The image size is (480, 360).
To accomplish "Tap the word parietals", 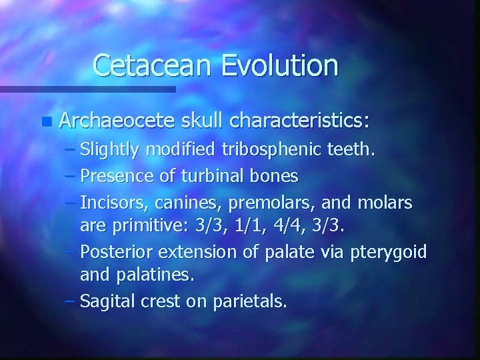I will click(250, 302).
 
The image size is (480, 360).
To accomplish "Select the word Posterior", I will click(114, 252).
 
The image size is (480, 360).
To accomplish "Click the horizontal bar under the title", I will click(87, 89).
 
